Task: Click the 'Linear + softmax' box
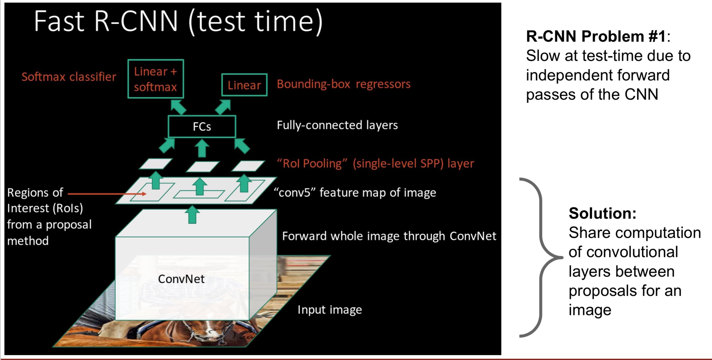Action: point(156,79)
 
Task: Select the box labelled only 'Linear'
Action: point(244,85)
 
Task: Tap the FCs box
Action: point(202,127)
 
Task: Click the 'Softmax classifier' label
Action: point(69,77)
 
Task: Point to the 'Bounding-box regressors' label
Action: point(343,84)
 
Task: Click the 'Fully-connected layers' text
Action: point(337,125)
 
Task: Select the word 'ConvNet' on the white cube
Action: point(181,279)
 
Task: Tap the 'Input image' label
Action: point(330,310)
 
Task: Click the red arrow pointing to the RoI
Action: point(107,194)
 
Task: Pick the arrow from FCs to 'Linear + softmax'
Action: point(178,107)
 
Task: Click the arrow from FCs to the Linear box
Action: point(223,107)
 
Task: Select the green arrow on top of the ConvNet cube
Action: point(192,215)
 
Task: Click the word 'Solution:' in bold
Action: point(602,213)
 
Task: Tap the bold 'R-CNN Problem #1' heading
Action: point(596,36)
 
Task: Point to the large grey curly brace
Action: point(541,258)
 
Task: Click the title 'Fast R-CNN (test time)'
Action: point(178,22)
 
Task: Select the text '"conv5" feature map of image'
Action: point(355,193)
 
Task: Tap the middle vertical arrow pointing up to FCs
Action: point(202,148)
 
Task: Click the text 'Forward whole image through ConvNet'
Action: point(389,236)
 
